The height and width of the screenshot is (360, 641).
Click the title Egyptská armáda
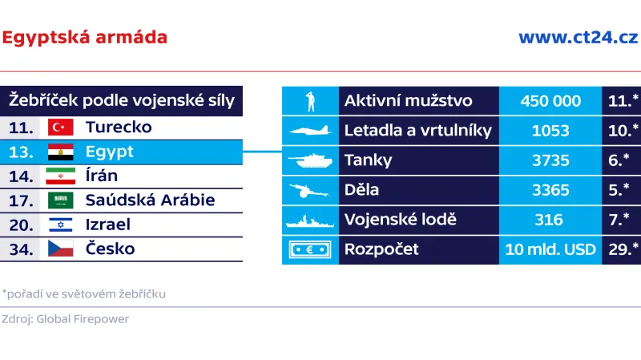tap(85, 37)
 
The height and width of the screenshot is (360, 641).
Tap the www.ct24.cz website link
tap(577, 37)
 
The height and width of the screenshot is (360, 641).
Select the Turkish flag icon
tap(61, 127)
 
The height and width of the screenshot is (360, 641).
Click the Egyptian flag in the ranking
tap(61, 152)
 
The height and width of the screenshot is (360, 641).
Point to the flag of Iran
tap(61, 176)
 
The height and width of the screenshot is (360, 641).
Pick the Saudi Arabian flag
tap(61, 200)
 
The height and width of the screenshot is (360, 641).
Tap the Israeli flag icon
tap(61, 224)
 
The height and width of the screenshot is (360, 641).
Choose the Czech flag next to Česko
tap(61, 249)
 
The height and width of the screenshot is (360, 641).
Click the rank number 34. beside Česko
tap(21, 249)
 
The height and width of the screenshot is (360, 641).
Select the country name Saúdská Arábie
tap(150, 200)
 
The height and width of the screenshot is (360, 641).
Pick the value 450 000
tap(550, 101)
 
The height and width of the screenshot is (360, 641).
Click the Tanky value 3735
tap(550, 160)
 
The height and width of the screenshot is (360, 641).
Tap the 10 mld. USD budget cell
tap(550, 249)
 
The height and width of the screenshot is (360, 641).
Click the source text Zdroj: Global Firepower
tap(65, 318)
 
